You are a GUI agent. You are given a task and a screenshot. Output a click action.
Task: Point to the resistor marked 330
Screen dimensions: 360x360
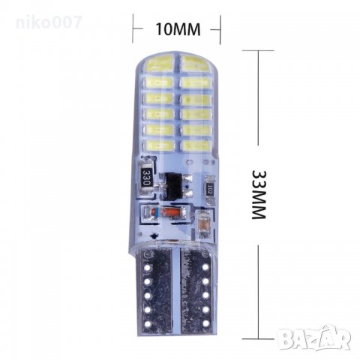click(x=147, y=178)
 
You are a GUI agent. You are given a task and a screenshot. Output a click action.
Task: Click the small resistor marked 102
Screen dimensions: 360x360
click(x=212, y=189)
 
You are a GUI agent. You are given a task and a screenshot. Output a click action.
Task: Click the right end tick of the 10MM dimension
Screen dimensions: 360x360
click(x=219, y=29)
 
